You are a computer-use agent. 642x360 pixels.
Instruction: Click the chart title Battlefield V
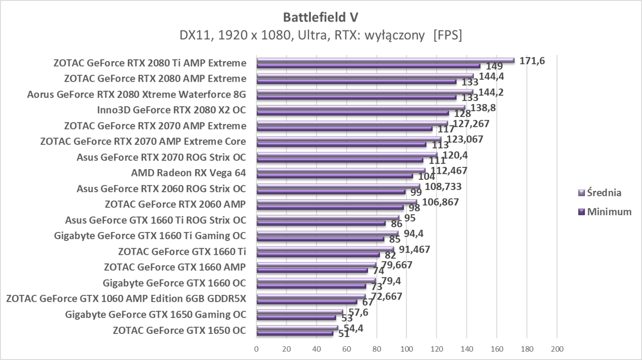coord(321,17)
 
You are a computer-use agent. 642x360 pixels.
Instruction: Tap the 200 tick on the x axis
coord(557,349)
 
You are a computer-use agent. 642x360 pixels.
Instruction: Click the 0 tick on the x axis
coord(257,349)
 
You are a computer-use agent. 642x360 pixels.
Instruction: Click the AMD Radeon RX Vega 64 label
coord(188,173)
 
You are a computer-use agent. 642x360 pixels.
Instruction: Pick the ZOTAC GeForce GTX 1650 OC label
coord(179,330)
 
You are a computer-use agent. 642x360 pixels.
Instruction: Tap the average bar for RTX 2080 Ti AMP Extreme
coord(385,60)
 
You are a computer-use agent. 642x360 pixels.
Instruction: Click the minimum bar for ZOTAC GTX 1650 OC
coord(295,333)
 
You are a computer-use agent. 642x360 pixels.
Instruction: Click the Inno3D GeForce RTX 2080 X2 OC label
coord(172,110)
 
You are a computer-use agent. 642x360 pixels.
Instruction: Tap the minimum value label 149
coord(494,66)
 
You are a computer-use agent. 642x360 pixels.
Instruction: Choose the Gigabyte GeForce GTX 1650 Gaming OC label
coord(155,315)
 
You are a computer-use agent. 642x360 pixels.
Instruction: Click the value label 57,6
coord(356,312)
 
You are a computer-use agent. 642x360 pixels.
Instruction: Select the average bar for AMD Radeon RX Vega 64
coord(341,171)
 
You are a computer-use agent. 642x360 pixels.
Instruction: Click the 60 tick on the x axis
coord(347,349)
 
